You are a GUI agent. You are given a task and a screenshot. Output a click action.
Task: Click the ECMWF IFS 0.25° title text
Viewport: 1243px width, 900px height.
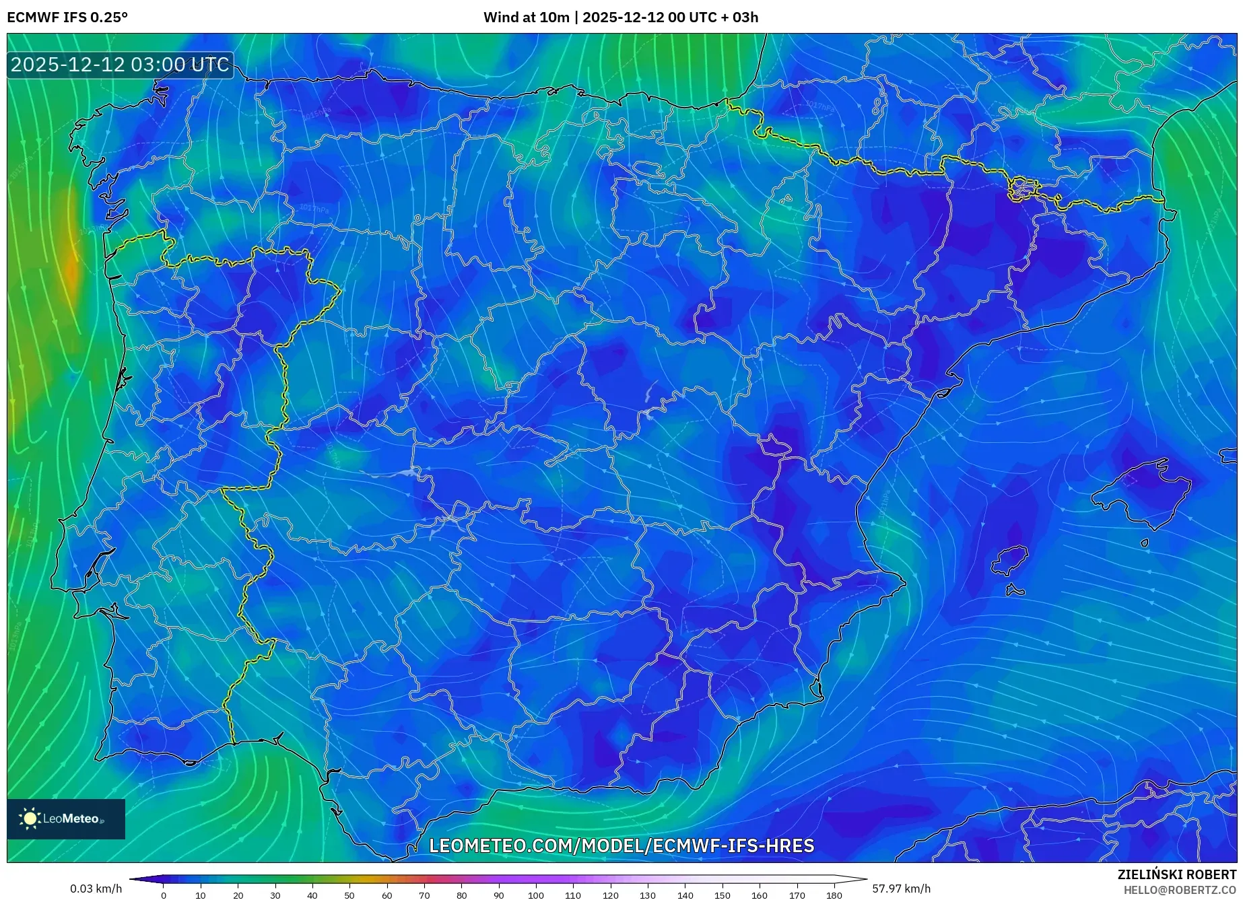point(67,18)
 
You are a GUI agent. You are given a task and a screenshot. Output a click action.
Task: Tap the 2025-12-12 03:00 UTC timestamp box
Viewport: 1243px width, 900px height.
point(121,65)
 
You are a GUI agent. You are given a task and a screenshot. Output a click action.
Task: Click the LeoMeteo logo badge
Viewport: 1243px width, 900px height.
point(66,819)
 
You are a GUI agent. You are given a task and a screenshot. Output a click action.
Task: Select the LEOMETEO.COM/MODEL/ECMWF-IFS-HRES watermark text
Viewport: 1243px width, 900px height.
point(621,845)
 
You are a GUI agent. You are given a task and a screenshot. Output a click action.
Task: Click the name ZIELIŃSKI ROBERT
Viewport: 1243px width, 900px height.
point(1176,874)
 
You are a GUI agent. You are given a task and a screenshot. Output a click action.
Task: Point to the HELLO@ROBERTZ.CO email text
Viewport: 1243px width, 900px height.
point(1180,890)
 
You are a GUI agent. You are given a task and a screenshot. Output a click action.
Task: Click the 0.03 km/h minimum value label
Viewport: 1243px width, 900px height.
point(96,889)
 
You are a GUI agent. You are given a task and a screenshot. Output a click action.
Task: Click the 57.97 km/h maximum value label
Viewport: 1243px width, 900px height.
point(901,889)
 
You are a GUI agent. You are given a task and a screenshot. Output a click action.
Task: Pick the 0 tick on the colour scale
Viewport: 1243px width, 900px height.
point(164,895)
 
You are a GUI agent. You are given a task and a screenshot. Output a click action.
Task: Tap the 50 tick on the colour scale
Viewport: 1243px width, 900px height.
point(349,895)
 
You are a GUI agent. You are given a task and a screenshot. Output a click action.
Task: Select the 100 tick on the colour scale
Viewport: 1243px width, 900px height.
point(535,895)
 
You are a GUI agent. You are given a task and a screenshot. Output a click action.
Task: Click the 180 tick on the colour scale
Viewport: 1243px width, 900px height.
point(834,895)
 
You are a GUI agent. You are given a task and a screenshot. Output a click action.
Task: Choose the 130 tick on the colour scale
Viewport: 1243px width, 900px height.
point(648,895)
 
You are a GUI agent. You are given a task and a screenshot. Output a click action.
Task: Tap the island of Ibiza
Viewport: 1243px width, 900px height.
point(1009,559)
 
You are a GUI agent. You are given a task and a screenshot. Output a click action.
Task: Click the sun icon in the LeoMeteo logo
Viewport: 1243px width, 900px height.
point(30,819)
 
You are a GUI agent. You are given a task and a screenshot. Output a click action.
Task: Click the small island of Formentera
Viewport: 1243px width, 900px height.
point(1015,591)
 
